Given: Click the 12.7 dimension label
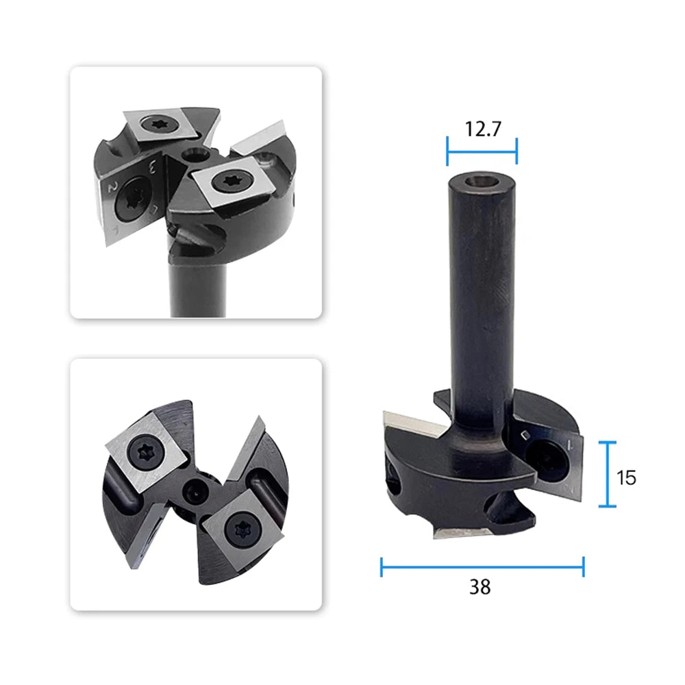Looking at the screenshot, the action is coord(483,129).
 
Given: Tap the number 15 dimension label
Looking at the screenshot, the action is coord(626,477).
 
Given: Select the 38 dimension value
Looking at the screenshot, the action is coord(480,587).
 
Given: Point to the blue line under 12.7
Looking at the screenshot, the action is coord(482,152).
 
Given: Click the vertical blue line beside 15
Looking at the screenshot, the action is coord(607,475).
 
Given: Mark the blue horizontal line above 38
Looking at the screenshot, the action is coord(482,567).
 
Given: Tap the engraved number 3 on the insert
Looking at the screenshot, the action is coord(153,166).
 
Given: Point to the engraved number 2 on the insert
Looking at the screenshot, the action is coord(112,187).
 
